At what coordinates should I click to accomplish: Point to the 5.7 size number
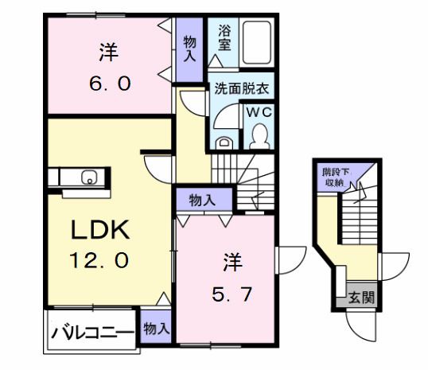(x=232, y=295)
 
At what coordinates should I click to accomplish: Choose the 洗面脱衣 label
(x=242, y=90)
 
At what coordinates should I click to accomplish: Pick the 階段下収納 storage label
(x=333, y=177)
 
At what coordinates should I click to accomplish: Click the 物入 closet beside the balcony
(x=155, y=327)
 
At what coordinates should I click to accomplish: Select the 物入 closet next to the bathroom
(x=191, y=49)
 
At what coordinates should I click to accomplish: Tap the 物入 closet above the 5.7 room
(x=200, y=200)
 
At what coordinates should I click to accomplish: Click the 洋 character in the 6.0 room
(x=108, y=53)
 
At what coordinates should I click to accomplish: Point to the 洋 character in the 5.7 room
(x=232, y=261)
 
